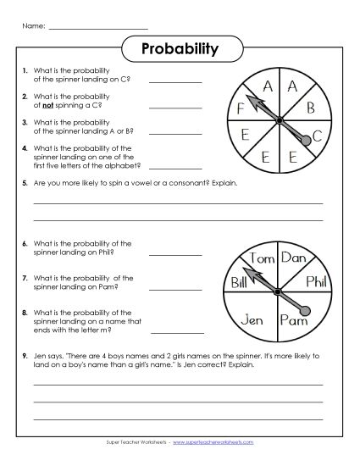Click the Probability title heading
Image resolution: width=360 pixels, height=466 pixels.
coord(180,48)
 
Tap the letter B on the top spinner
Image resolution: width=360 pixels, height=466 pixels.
coord(311,108)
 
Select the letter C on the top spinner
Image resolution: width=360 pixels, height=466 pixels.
coord(317,135)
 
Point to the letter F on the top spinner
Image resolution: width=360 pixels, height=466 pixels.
coord(241,108)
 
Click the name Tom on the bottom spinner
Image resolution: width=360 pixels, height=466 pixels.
coord(263,258)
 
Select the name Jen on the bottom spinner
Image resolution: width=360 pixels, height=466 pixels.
coord(253,319)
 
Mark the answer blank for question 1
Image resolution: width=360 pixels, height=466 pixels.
coord(176,82)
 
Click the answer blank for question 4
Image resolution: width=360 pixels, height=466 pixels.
coord(176,167)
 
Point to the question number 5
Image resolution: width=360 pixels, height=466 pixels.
coord(26,183)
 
